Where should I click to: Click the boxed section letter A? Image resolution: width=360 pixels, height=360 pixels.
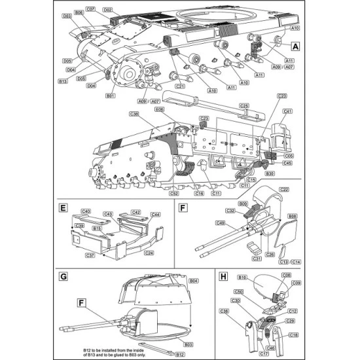pos(295,46)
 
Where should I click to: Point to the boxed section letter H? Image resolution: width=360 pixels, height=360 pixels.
pos(224,276)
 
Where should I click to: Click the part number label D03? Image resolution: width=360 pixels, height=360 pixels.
pos(67,16)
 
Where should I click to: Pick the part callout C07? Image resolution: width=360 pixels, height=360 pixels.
pos(91,10)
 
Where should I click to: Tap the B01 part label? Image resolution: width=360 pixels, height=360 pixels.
pos(111,96)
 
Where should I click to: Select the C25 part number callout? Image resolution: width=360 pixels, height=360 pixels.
pos(243,105)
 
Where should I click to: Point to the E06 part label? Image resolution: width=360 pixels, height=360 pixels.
pos(159,110)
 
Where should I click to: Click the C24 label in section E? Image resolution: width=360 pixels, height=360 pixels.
pos(149,253)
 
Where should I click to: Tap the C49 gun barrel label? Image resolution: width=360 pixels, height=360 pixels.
pos(221,223)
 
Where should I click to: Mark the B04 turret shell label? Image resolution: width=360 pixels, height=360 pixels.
pos(194,281)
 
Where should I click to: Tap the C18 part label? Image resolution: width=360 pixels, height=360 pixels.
pos(291,334)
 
